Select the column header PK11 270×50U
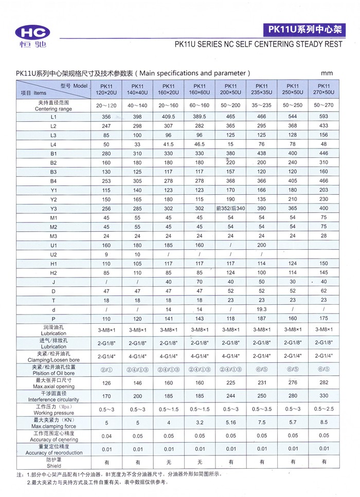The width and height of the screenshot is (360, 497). (x=323, y=89)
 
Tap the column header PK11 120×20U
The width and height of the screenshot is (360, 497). (x=107, y=89)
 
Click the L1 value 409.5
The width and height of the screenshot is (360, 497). (x=168, y=117)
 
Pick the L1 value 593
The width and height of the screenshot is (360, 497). (x=323, y=117)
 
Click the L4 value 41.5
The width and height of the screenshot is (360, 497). (x=168, y=144)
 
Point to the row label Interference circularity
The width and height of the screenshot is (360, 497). (x=53, y=399)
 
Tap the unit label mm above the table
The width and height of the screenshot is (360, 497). (x=327, y=73)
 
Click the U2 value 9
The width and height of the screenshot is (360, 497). (x=107, y=254)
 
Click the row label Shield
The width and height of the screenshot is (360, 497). (x=53, y=466)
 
